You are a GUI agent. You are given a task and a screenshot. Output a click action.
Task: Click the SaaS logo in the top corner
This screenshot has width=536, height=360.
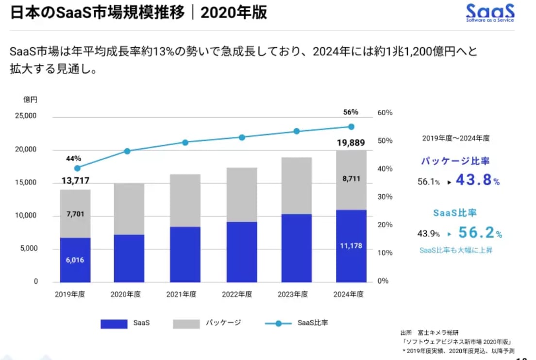[489, 13]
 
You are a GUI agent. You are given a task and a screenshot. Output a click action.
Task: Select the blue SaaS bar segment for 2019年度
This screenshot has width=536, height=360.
[75, 260]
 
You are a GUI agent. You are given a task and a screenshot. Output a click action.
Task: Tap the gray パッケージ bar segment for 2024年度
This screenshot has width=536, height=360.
[351, 180]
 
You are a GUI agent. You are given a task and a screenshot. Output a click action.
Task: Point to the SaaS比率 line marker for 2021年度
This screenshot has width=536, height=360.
[185, 142]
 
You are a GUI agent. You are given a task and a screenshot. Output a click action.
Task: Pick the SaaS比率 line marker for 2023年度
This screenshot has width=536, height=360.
[297, 131]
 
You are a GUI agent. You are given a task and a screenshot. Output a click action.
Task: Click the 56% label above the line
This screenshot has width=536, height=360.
[351, 112]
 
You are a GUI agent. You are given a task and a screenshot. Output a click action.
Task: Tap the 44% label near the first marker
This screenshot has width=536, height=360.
[74, 158]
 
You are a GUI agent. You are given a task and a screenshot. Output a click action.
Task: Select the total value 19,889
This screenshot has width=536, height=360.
[351, 142]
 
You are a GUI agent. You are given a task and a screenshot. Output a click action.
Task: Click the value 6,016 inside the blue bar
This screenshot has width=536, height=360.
[75, 260]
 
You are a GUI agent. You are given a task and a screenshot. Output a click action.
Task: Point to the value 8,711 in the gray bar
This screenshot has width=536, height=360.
[351, 179]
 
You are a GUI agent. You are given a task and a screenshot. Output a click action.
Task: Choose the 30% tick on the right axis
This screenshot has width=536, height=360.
[384, 197]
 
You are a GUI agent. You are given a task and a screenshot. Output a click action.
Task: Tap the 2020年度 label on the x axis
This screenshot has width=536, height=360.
[126, 294]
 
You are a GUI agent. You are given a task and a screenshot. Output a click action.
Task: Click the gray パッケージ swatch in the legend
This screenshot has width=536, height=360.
[186, 324]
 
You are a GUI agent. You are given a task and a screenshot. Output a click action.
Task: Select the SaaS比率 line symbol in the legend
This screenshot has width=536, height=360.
[278, 323]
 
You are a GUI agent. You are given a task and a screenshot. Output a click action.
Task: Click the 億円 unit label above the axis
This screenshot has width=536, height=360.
[30, 100]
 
